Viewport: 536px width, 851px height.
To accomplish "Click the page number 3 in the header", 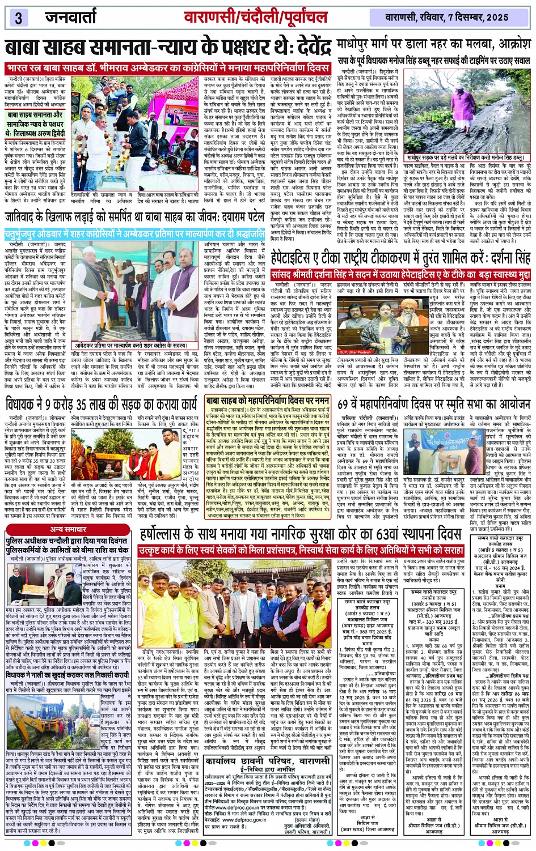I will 18,18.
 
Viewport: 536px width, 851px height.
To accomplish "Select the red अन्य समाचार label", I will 69,529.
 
